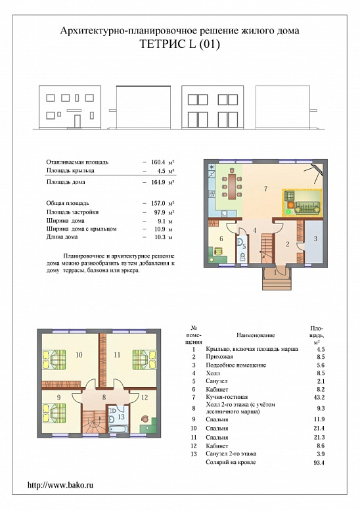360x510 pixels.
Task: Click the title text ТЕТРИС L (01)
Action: pos(179,43)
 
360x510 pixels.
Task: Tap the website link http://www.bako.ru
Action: pos(60,484)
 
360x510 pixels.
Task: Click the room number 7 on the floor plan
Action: pos(265,189)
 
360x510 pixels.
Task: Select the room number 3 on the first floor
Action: pos(315,239)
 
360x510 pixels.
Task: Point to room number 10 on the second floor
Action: pos(79,354)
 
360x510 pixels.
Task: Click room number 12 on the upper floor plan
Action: pos(145,397)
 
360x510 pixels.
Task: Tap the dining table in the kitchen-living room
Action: pos(232,187)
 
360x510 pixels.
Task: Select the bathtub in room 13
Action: pos(118,429)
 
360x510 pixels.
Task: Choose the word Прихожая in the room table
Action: pos(219,357)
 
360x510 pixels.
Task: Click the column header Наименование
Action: pos(256,335)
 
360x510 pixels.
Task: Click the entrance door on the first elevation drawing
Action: pos(78,121)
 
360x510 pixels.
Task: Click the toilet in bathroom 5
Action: pos(242,258)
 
